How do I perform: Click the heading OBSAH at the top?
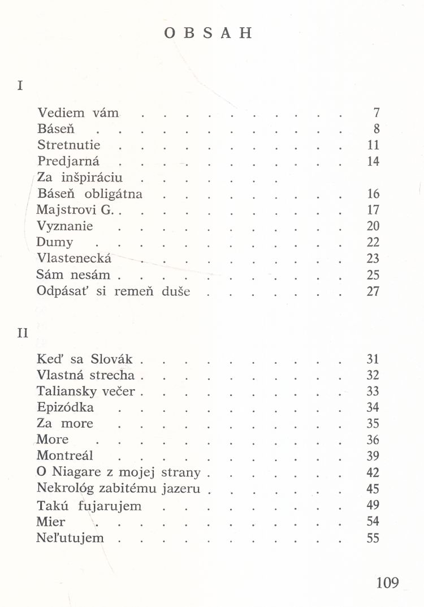click(x=208, y=33)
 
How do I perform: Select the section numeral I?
click(x=20, y=86)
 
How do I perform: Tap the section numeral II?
click(x=23, y=333)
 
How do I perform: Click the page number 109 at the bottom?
click(x=387, y=582)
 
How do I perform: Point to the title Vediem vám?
click(x=78, y=112)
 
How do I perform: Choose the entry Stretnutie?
click(x=68, y=145)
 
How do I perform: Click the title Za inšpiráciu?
click(x=80, y=178)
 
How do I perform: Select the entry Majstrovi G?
click(x=75, y=210)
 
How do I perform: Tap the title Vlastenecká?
click(x=74, y=259)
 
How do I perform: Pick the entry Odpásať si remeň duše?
click(x=113, y=292)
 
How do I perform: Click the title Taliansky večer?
click(x=85, y=391)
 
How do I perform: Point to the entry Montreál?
click(x=64, y=456)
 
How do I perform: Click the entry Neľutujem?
click(x=70, y=538)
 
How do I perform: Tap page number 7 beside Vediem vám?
click(x=376, y=112)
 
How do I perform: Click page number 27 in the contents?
click(x=373, y=292)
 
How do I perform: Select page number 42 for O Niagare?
click(x=373, y=472)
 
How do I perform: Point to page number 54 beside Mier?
click(x=373, y=522)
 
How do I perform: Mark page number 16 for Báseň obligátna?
click(x=373, y=194)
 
